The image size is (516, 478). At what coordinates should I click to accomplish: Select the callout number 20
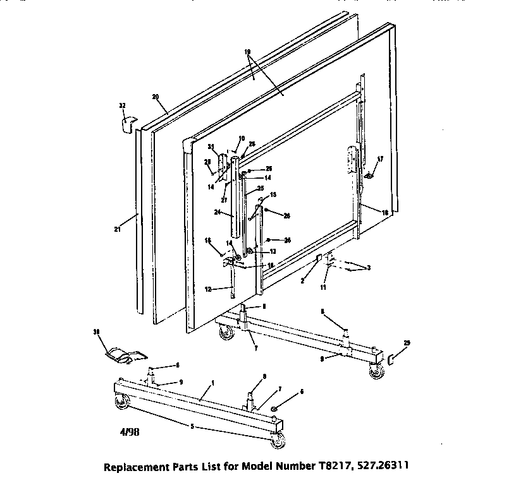155,97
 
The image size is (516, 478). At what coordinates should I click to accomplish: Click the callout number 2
302,280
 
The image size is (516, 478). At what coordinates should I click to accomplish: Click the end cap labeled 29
391,359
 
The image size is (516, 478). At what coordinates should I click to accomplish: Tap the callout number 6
302,391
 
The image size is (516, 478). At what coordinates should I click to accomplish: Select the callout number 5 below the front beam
192,426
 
